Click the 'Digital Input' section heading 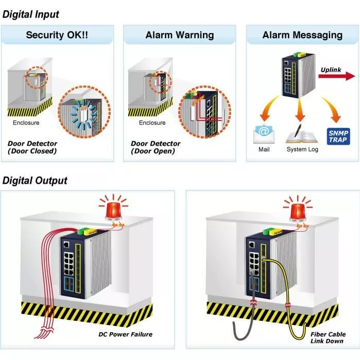pyautogui.click(x=31, y=14)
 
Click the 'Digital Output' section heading pyautogui.click(x=35, y=180)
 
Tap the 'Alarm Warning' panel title pyautogui.click(x=180, y=36)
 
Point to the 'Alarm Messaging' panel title pyautogui.click(x=302, y=36)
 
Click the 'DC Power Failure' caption pyautogui.click(x=125, y=334)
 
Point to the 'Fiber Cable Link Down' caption pyautogui.click(x=327, y=337)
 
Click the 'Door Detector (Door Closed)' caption pyautogui.click(x=32, y=147)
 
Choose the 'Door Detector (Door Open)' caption pyautogui.click(x=156, y=147)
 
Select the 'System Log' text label pyautogui.click(x=302, y=149)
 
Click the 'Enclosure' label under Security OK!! pyautogui.click(x=26, y=123)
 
